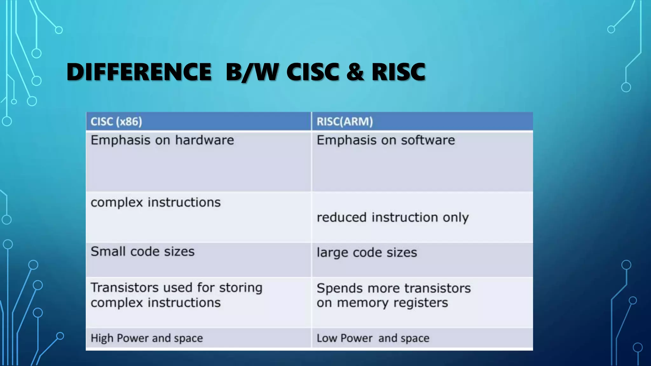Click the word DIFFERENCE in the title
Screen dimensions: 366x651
coord(139,72)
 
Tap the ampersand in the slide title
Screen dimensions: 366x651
coord(355,72)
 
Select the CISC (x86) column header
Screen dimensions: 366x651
coord(116,122)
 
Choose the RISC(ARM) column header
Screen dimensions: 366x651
coord(345,122)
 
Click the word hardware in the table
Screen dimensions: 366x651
coord(204,140)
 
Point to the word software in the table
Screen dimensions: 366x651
coord(428,140)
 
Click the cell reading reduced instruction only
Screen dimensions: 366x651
coord(393,218)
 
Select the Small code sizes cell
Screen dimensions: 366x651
coord(142,252)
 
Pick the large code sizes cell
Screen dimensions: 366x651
coord(367,253)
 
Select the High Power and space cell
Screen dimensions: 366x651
coord(147,338)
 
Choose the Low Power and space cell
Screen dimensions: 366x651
coord(373,338)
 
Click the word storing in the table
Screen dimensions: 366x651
coord(240,288)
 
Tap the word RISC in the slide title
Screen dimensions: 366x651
coord(398,72)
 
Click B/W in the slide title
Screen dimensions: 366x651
coord(252,72)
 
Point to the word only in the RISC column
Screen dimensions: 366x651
coord(456,218)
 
